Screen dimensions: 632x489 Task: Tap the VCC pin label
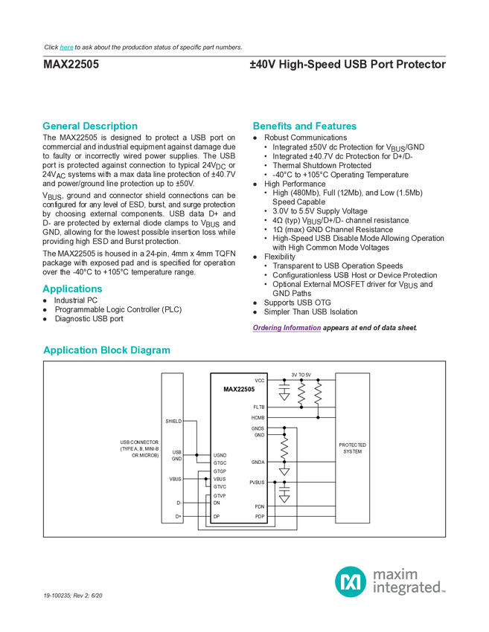click(x=259, y=380)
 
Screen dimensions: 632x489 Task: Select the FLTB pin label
click(x=258, y=407)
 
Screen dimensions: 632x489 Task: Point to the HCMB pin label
click(x=258, y=417)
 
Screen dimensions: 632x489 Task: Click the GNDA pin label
click(x=258, y=462)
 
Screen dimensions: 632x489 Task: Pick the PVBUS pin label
click(x=257, y=482)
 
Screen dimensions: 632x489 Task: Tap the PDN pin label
click(x=259, y=506)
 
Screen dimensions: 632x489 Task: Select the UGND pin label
click(x=220, y=455)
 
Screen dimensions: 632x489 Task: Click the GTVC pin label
click(x=220, y=487)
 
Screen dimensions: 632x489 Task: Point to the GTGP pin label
click(x=220, y=471)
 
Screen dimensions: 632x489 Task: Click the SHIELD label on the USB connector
click(x=173, y=421)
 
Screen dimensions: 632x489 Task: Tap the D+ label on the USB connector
click(x=178, y=516)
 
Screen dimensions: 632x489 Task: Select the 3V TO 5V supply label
click(x=301, y=374)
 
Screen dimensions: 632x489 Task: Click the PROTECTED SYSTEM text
click(x=353, y=448)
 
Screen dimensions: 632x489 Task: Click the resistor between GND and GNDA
click(x=284, y=448)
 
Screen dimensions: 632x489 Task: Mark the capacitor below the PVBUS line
click(x=284, y=493)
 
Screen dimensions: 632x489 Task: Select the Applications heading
click(x=72, y=288)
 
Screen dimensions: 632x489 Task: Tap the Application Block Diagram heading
click(x=107, y=350)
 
